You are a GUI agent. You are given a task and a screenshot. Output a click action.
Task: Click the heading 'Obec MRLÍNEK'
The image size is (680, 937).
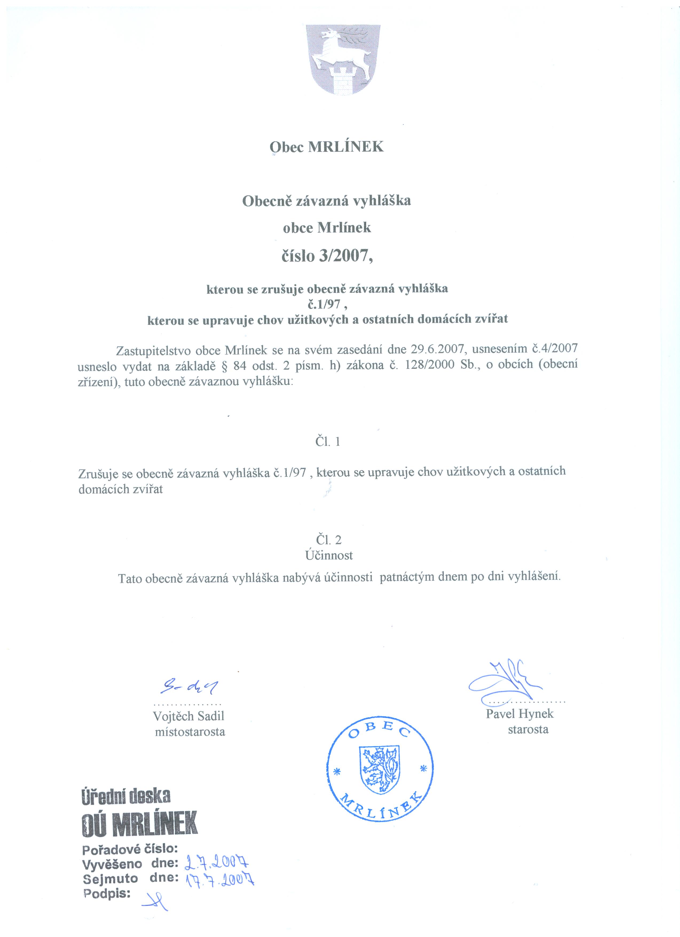(x=326, y=147)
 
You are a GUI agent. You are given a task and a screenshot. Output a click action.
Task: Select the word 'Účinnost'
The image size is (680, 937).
(x=329, y=555)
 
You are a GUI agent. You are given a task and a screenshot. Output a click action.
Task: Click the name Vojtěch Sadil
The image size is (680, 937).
(x=188, y=716)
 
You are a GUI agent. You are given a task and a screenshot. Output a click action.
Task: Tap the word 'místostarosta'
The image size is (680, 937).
(x=190, y=732)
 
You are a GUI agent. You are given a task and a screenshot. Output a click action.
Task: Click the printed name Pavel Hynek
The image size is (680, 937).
(x=519, y=713)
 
